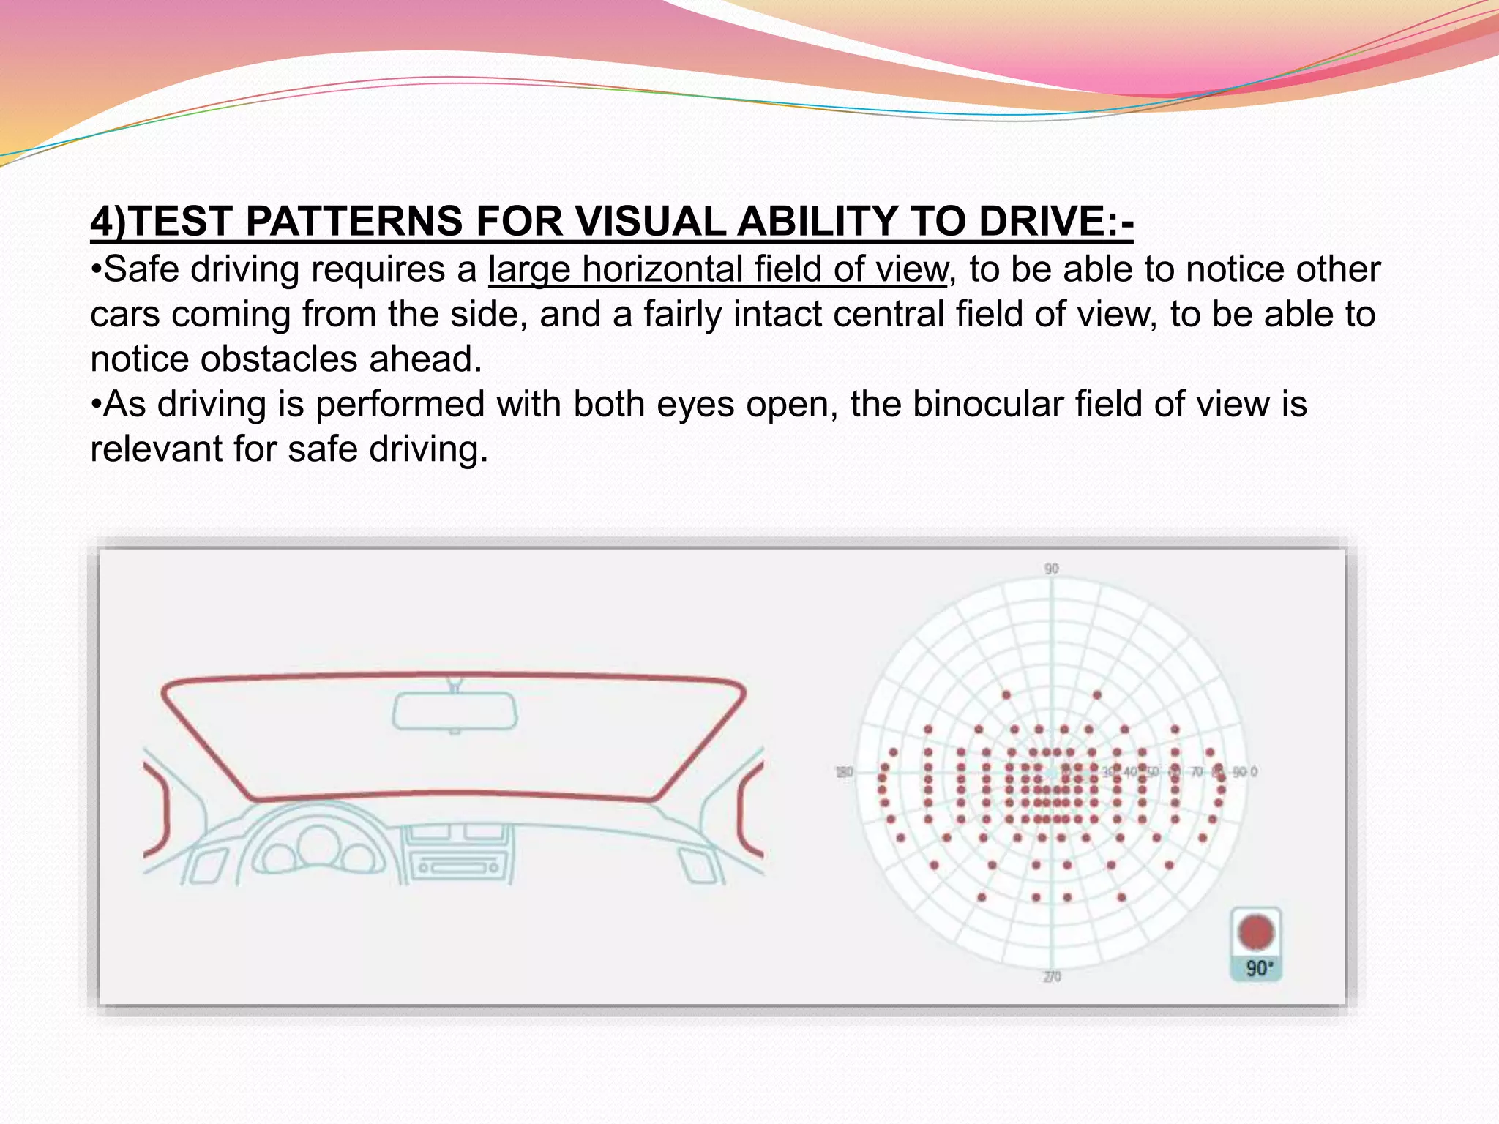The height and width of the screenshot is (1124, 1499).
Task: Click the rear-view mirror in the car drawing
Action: pos(455,711)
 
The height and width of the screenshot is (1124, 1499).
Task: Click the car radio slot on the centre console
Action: pos(459,868)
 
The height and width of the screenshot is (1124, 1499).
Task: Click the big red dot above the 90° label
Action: pos(1256,932)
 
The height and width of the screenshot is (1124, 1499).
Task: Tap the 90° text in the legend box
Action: pos(1259,969)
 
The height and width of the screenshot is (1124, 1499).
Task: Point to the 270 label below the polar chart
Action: pos(1052,976)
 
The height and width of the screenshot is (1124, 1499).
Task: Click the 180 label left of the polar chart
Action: pos(844,772)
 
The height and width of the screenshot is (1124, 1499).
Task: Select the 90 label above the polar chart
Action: pos(1051,569)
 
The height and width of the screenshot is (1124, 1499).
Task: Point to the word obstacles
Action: pos(279,359)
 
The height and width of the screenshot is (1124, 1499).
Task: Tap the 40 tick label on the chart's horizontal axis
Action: pos(1130,772)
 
